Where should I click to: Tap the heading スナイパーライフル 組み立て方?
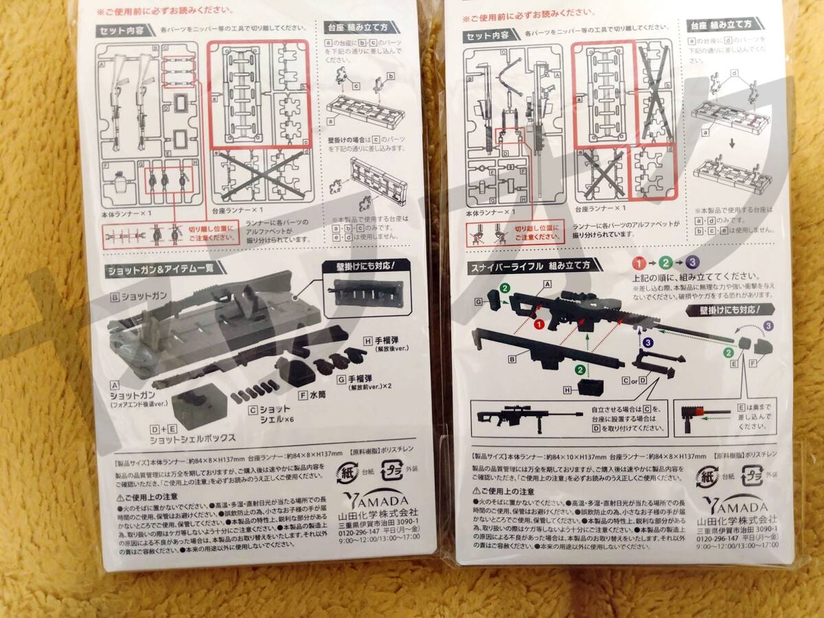click(529, 264)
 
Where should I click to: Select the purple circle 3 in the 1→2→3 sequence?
click(693, 262)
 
